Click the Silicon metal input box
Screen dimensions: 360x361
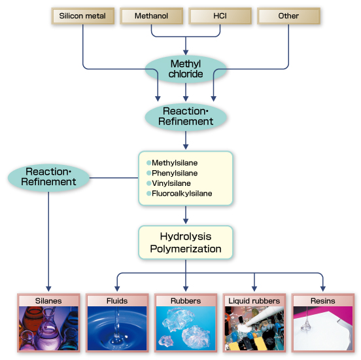pos(82,16)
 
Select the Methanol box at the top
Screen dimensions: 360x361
pos(151,16)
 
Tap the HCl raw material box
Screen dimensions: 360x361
pos(220,16)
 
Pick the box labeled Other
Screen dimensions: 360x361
pos(288,16)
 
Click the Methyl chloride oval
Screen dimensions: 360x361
pos(186,69)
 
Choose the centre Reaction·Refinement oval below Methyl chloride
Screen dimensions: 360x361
pos(186,116)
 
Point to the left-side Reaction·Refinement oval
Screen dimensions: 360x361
pos(48,176)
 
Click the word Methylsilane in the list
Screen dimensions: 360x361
pos(175,162)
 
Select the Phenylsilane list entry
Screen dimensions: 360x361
pos(175,173)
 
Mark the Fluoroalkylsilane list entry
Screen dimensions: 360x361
pos(182,194)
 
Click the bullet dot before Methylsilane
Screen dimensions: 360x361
pos(148,162)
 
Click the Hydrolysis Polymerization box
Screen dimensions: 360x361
pos(186,242)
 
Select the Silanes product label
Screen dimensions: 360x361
pos(48,300)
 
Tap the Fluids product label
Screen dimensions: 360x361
pos(117,300)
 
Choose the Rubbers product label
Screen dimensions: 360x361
pos(186,300)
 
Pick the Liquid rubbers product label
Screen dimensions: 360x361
pos(254,300)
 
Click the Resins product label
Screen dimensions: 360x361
pos(323,300)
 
